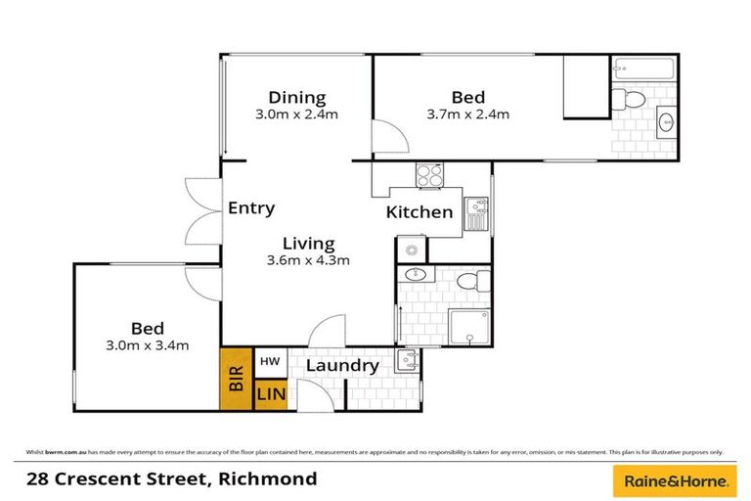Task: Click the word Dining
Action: pos(297,97)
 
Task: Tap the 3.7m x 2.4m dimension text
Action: pos(467,114)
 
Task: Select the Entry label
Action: pos(251,208)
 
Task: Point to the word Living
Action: pos(308,244)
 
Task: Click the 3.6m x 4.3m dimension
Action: pos(308,260)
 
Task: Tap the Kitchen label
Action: pos(419,212)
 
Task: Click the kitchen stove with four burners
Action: pos(429,175)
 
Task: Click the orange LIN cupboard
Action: pos(270,395)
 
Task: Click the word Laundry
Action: pos(342,366)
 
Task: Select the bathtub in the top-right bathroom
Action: pos(644,70)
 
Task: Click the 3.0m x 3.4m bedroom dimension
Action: pos(148,344)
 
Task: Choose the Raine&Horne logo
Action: pos(672,481)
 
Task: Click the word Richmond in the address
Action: pos(269,479)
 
